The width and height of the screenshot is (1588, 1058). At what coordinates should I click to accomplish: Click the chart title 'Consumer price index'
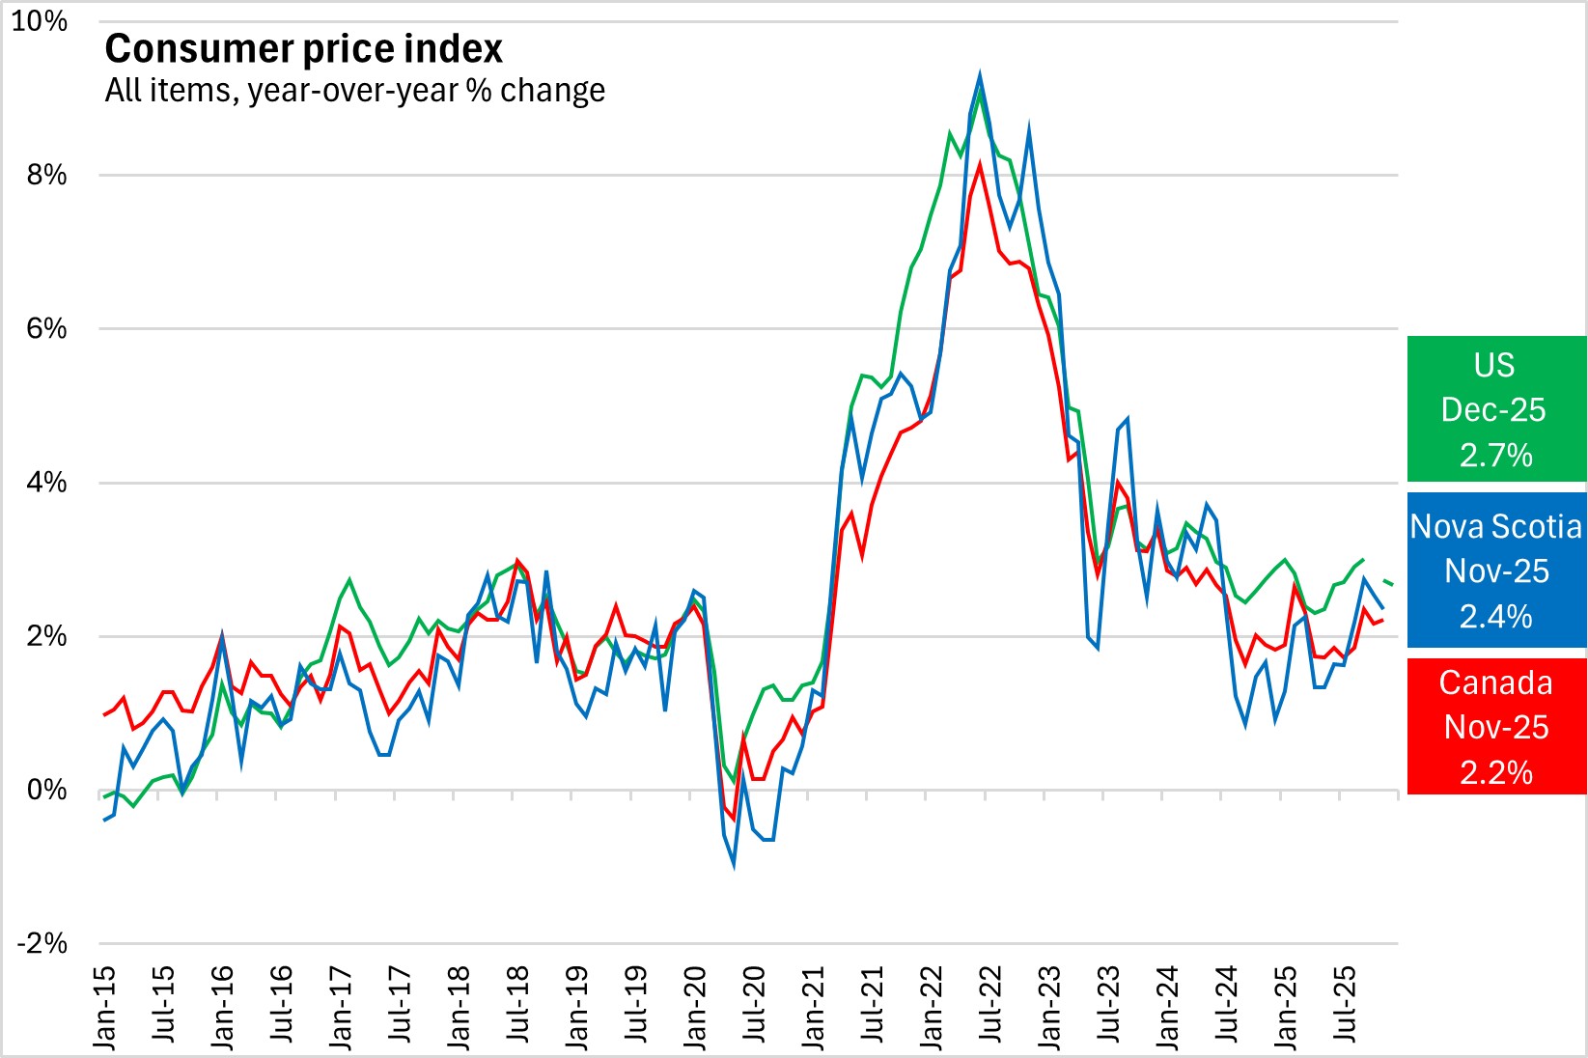303,49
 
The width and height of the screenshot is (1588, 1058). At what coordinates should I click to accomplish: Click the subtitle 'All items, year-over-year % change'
354,91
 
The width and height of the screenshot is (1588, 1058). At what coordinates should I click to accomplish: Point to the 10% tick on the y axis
40,21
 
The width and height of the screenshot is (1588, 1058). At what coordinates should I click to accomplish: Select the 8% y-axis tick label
46,175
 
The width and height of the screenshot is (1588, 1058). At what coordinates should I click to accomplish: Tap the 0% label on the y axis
46,791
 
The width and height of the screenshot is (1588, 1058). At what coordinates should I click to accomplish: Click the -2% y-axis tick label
42,943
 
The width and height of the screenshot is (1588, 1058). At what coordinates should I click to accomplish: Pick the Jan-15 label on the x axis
104,1007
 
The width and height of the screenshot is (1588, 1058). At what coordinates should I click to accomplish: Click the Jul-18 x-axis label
518,1004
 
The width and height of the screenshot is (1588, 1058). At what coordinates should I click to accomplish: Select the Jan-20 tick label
695,1007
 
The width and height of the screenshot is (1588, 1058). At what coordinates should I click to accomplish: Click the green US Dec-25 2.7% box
1495,409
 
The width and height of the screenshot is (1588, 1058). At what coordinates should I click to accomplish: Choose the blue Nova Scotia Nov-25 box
1495,570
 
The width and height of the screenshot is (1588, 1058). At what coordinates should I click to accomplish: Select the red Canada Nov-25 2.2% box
1495,727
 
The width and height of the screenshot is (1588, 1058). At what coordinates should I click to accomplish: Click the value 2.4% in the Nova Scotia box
1495,616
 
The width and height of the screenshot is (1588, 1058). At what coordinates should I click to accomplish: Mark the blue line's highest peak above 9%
980,74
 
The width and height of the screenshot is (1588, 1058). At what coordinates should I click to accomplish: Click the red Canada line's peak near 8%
980,164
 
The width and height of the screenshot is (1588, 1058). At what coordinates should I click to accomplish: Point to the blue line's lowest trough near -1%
734,865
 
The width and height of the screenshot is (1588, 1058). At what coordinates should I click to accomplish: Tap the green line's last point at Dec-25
1392,584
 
